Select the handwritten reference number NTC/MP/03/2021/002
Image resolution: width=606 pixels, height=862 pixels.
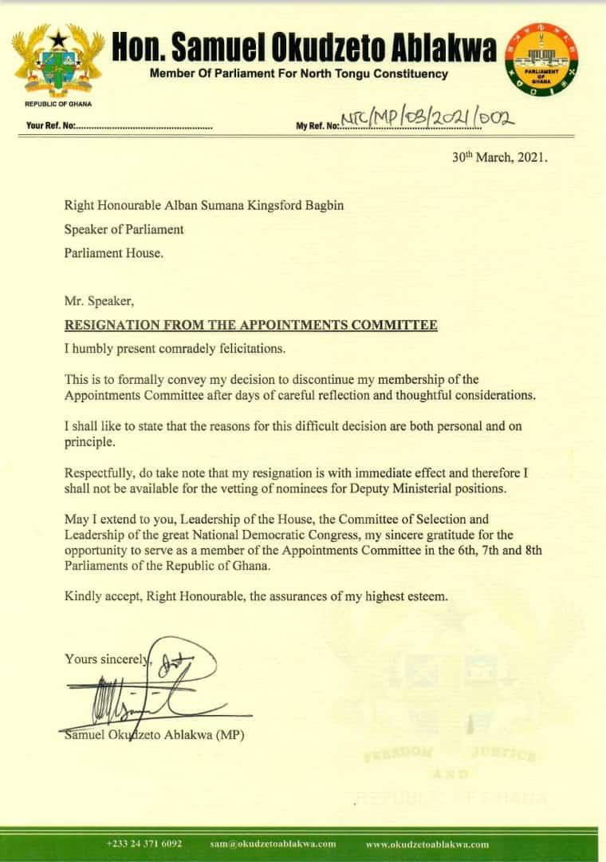(427, 120)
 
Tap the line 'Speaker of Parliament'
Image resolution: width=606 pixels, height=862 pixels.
(124, 229)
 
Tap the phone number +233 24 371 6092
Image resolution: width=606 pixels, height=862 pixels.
(144, 844)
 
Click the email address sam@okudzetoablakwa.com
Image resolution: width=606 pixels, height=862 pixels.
(273, 844)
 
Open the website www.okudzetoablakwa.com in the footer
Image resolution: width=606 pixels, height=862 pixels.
(427, 844)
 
